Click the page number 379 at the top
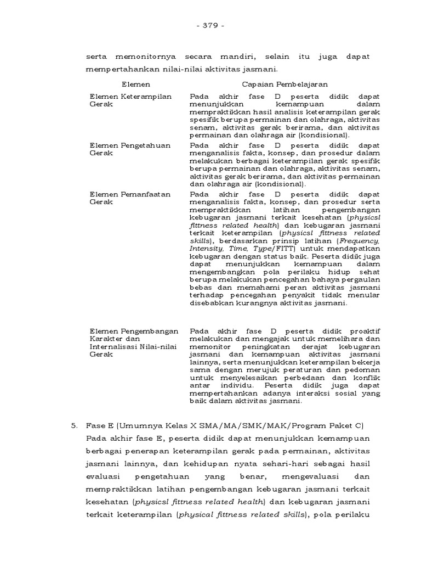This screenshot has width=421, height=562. pyautogui.click(x=210, y=26)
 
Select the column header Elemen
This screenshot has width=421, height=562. pyautogui.click(x=135, y=84)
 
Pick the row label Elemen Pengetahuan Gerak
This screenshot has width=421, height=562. pyautogui.click(x=130, y=149)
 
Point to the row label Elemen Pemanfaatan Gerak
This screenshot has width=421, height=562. pyautogui.click(x=130, y=198)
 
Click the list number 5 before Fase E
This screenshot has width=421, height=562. pyautogui.click(x=72, y=426)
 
